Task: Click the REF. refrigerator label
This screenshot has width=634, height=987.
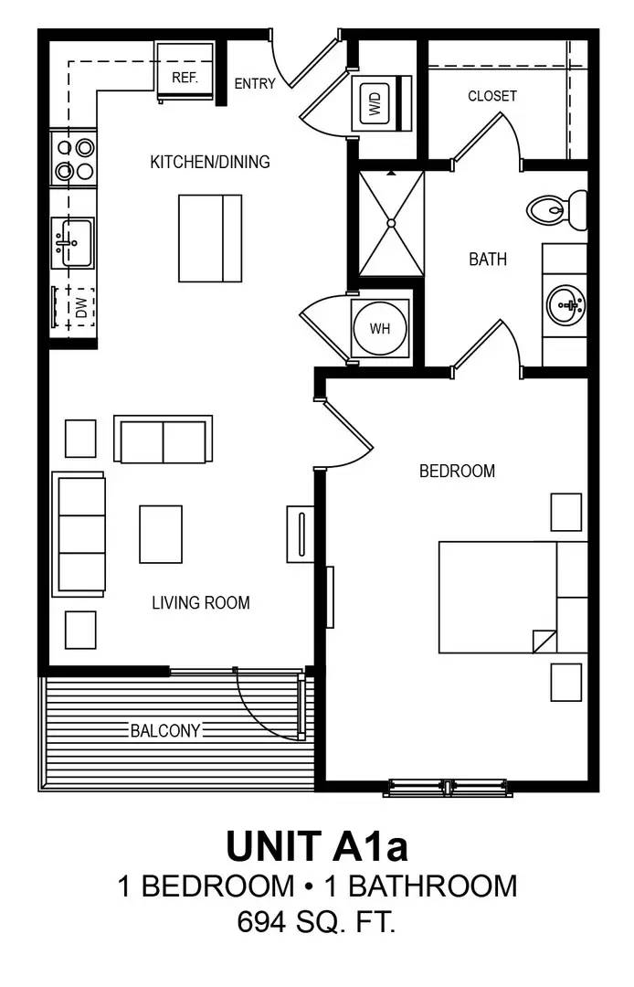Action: click(x=185, y=78)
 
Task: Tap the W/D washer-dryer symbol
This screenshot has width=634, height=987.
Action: click(x=375, y=103)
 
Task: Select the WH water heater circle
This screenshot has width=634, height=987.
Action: click(x=380, y=328)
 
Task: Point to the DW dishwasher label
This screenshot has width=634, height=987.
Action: click(x=81, y=308)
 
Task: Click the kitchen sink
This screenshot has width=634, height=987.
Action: click(x=73, y=243)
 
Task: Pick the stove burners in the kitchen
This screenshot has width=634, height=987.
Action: click(x=74, y=158)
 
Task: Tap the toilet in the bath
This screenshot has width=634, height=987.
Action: click(x=557, y=209)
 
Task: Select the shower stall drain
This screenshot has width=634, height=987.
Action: click(x=391, y=222)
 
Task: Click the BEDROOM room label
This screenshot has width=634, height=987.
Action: click(x=457, y=471)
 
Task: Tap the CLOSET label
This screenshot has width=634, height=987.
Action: click(x=492, y=96)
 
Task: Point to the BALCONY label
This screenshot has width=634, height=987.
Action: click(x=165, y=730)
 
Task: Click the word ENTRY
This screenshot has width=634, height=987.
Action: click(x=255, y=84)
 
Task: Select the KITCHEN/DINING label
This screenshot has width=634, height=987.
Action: click(x=210, y=163)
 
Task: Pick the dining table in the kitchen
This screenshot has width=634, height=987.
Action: click(x=210, y=238)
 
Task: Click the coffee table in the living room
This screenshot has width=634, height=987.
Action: click(x=161, y=534)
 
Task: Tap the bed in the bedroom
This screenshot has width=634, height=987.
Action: click(x=499, y=597)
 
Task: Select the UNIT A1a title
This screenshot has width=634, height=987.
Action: click(x=316, y=845)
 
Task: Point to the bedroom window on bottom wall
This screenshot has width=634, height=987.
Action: click(x=447, y=787)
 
